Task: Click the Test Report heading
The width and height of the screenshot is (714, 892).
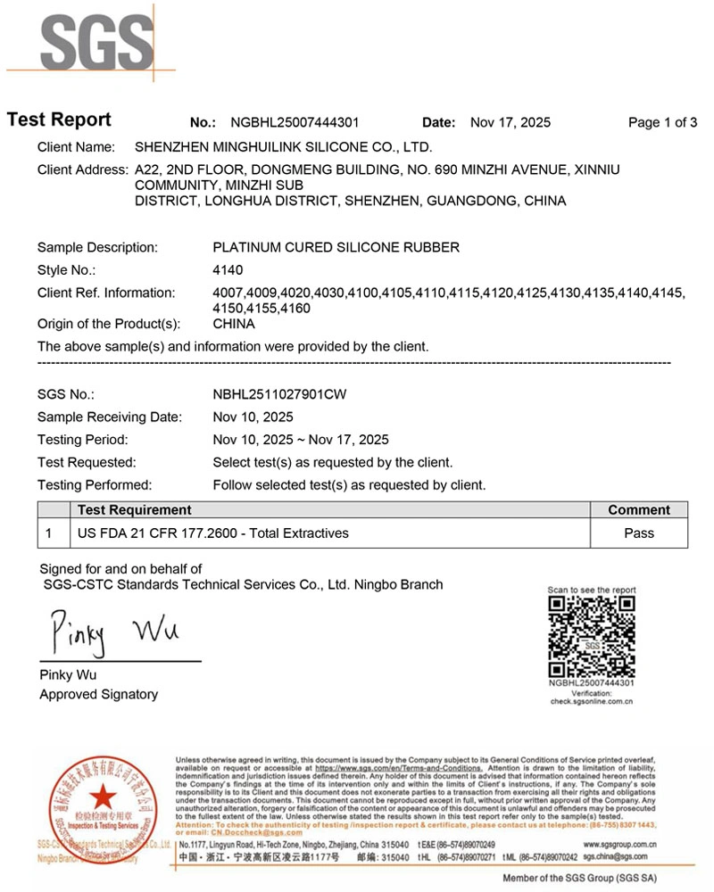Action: pyautogui.click(x=59, y=120)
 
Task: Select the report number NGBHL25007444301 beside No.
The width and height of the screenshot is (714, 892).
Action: pyautogui.click(x=295, y=123)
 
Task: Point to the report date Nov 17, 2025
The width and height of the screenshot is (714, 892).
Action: pyautogui.click(x=510, y=123)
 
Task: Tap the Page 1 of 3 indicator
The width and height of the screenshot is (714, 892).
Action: pyautogui.click(x=662, y=123)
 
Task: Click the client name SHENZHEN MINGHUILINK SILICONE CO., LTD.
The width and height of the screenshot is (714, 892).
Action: pyautogui.click(x=283, y=146)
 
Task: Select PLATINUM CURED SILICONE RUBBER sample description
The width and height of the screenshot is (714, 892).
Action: pyautogui.click(x=336, y=247)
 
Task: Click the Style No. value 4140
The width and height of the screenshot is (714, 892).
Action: pyautogui.click(x=228, y=270)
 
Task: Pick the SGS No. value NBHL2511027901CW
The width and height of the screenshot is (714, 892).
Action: pyautogui.click(x=278, y=393)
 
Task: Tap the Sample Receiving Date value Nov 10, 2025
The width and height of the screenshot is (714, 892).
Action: pyautogui.click(x=253, y=417)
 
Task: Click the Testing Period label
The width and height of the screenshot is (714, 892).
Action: pyautogui.click(x=83, y=440)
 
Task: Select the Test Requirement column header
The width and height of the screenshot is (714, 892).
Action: pyautogui.click(x=135, y=510)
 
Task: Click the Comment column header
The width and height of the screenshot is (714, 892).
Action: pyautogui.click(x=638, y=510)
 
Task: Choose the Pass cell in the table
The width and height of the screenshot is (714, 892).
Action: pyautogui.click(x=638, y=533)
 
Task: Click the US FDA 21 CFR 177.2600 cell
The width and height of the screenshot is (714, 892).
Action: pyautogui.click(x=213, y=533)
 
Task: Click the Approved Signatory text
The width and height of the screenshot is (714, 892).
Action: pyautogui.click(x=98, y=694)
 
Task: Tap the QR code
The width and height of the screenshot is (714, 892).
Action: pyautogui.click(x=591, y=636)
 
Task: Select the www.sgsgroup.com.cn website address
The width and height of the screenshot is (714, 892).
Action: pyautogui.click(x=619, y=843)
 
